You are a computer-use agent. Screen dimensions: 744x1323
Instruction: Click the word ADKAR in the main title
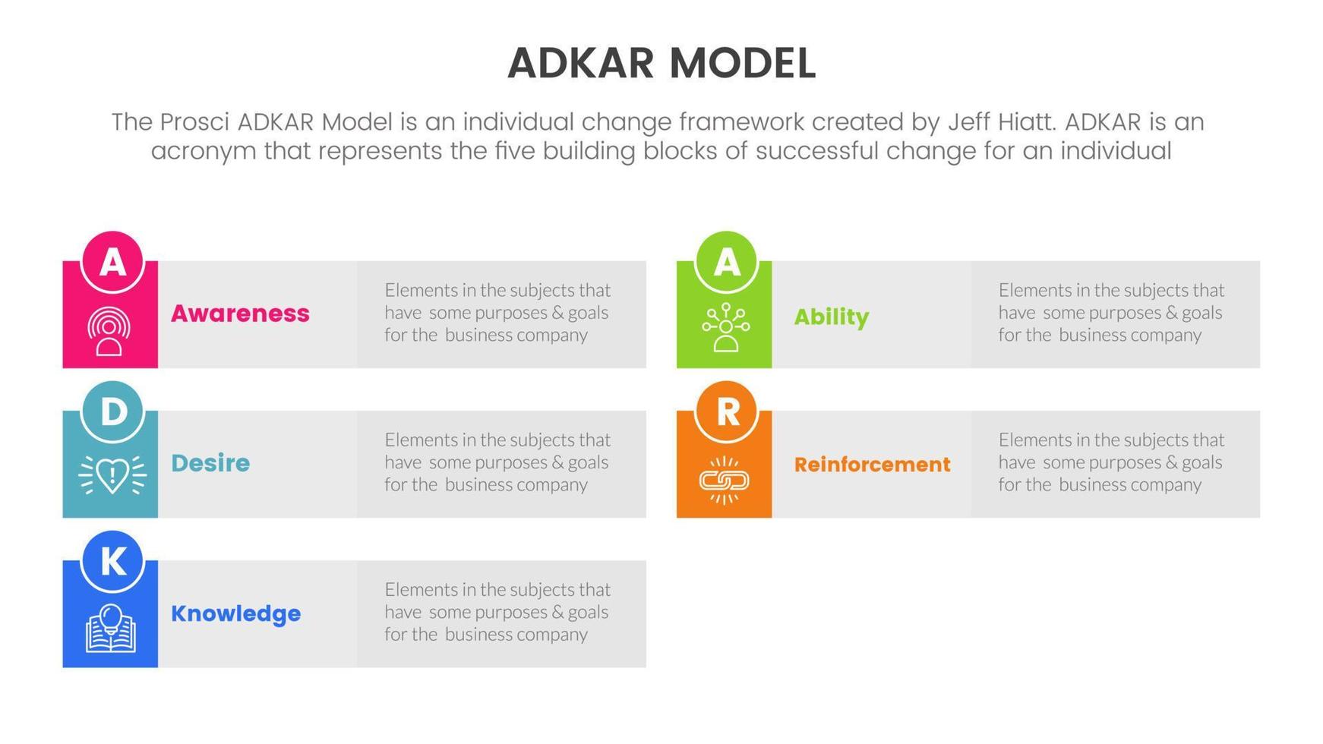[580, 63]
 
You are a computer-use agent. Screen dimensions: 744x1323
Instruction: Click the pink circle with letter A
[112, 262]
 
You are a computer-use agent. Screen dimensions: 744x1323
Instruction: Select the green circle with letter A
[726, 262]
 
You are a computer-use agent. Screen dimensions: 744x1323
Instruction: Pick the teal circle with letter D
[112, 411]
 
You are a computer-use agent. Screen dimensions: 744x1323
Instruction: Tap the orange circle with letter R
[726, 411]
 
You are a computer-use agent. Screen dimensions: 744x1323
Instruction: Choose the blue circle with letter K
[112, 561]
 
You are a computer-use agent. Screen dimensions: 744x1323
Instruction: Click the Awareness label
[240, 314]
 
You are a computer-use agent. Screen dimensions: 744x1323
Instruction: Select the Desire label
[210, 463]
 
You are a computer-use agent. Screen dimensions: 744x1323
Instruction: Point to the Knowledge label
[235, 613]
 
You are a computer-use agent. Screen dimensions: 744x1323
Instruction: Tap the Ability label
[832, 317]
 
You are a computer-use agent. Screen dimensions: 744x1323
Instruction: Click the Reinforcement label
[872, 465]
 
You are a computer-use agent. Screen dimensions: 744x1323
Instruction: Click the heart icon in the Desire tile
[112, 475]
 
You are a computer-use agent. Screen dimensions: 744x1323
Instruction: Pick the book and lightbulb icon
[111, 628]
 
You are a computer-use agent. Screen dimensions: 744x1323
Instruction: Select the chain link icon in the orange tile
[724, 481]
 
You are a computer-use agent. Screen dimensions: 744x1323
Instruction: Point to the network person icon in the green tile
[726, 328]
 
